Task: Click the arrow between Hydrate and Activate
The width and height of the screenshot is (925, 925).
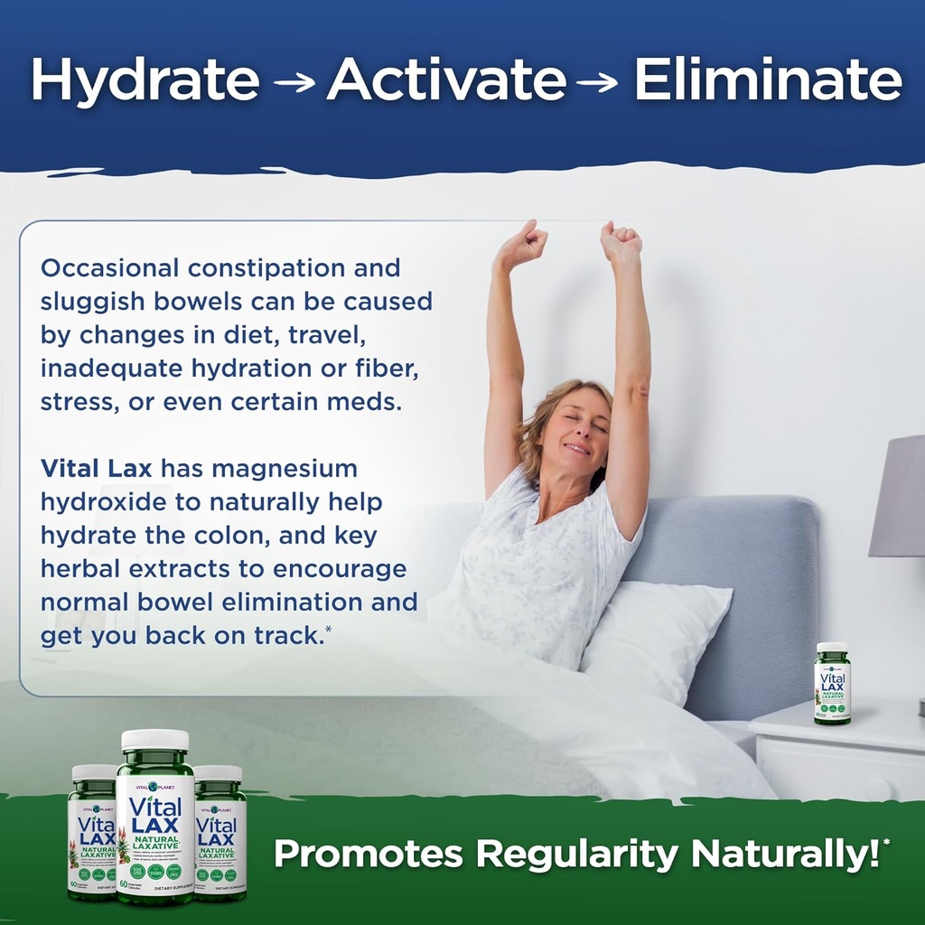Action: (294, 83)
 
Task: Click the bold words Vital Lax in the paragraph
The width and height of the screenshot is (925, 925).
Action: (96, 468)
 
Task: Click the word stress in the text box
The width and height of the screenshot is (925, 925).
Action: (74, 401)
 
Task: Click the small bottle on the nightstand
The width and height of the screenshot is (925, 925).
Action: (832, 683)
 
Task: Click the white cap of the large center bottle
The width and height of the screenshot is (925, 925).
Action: (154, 739)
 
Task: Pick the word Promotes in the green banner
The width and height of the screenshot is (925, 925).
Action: (368, 854)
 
